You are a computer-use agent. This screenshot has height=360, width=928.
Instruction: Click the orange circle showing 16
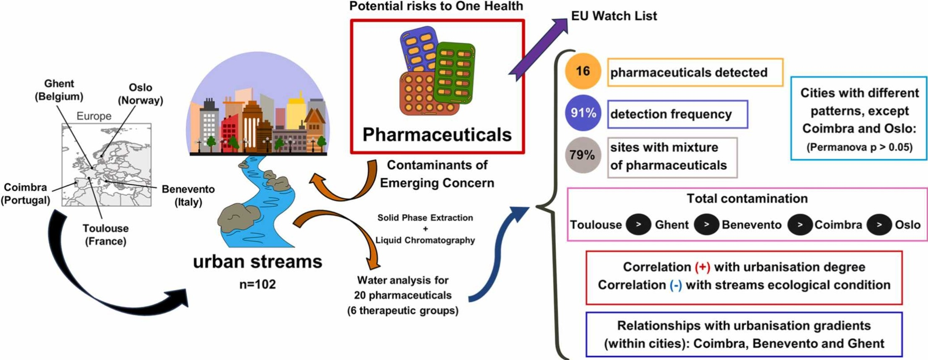pos(582,71)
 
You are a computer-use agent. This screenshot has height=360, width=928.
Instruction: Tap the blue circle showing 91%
pos(583,113)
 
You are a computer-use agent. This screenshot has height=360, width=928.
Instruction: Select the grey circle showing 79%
pos(582,155)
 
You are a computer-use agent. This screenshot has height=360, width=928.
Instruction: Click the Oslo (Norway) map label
pos(140,94)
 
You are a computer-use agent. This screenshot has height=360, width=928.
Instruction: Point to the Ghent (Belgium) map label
pos(59,90)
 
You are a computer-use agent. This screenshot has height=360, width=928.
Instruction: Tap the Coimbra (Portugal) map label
pos(25,193)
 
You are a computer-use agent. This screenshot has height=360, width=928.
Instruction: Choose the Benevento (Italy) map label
pos(188,195)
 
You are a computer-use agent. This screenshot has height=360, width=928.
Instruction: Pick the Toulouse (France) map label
pos(105,235)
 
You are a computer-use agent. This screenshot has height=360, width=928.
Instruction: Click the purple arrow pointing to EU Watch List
pos(538,48)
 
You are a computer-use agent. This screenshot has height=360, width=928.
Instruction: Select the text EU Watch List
pos(613,16)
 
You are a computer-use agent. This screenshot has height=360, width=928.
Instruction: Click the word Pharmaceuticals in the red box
pos(437,135)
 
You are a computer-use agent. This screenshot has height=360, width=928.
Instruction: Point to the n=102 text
pos(257,284)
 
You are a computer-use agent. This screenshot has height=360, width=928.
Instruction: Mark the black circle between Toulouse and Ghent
pos(638,225)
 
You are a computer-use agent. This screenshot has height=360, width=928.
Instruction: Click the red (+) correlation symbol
pos(702,267)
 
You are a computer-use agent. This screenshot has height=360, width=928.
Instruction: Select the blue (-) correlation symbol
pos(676,285)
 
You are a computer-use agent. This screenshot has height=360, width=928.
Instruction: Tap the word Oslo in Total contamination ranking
pos(907,225)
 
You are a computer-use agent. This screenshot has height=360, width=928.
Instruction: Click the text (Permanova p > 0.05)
pos(859,147)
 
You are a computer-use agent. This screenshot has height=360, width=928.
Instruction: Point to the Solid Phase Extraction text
pos(425,218)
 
